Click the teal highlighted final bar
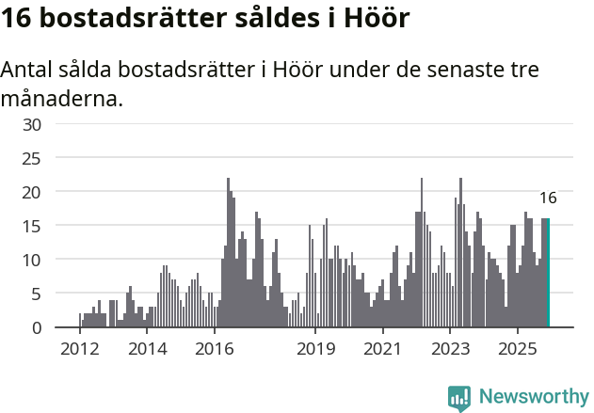tap(548, 273)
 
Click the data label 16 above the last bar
tap(548, 199)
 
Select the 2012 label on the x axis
tap(79, 349)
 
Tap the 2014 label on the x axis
tap(147, 349)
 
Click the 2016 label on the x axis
tap(215, 349)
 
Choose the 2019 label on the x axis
tap(315, 349)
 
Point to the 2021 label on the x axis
tap(383, 349)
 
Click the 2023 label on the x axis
tap(450, 349)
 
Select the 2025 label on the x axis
tap(518, 349)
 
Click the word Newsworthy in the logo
tap(534, 397)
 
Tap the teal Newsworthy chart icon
tap(459, 398)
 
